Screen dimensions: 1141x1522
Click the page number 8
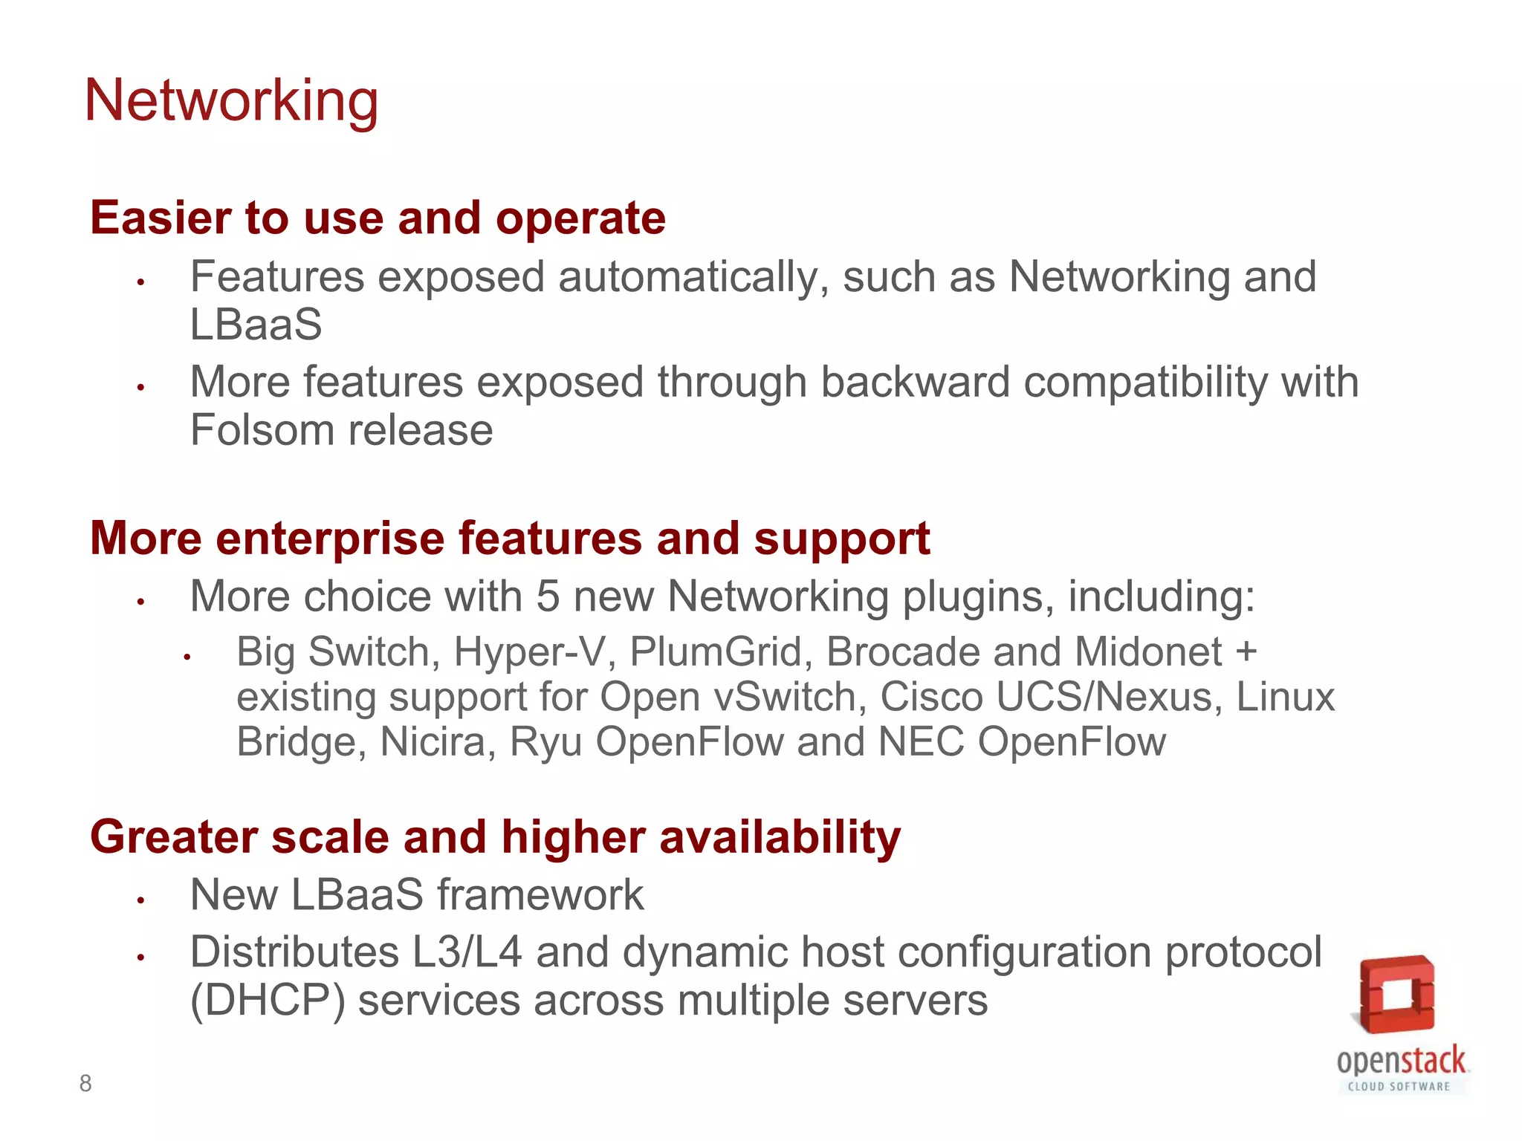(x=85, y=1083)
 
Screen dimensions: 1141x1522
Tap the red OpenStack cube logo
(x=1396, y=994)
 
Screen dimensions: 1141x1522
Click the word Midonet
(x=1148, y=651)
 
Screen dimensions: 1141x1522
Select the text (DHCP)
(x=268, y=1001)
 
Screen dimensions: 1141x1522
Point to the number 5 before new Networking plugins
(x=548, y=596)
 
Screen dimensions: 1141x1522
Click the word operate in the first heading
(x=580, y=218)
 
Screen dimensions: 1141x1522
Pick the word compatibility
(x=1145, y=382)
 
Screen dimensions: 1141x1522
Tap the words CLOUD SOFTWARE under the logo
(x=1399, y=1087)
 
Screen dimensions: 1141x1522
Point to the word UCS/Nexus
(x=1108, y=697)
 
